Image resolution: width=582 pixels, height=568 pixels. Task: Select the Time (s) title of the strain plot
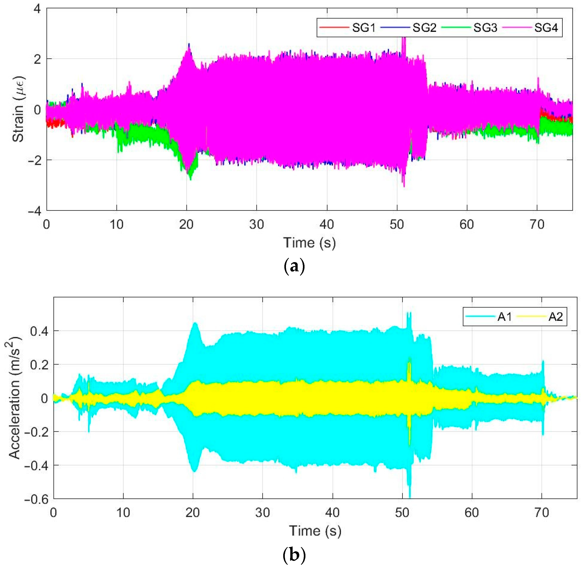(309, 242)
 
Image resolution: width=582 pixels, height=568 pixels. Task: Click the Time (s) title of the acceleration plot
(315, 530)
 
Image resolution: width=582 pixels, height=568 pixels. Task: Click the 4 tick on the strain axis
(37, 9)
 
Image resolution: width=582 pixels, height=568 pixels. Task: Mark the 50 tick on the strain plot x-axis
(397, 224)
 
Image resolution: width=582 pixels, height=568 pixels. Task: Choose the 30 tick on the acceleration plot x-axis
(263, 513)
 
